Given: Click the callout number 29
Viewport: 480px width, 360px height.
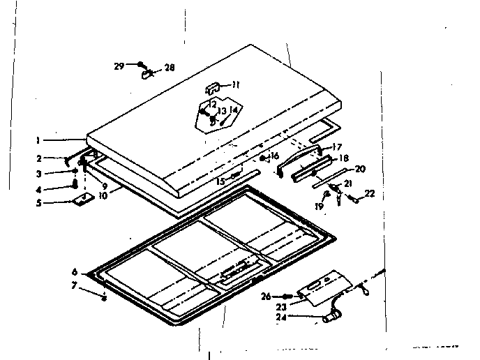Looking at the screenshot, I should coord(119,66).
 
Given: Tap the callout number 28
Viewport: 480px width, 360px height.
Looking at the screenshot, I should coord(170,68).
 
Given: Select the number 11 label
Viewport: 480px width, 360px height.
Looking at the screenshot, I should coord(236,84).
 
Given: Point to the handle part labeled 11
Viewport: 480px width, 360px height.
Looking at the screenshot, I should coord(213,87).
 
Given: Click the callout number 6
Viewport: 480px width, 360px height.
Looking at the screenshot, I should coord(74,272).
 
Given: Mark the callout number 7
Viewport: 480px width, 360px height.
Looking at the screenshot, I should coord(74,285).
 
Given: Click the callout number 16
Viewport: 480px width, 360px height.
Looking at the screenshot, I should coord(275,156).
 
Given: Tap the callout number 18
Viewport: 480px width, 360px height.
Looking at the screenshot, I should coord(343,158).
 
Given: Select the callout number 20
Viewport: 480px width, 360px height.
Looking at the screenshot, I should coord(360,168).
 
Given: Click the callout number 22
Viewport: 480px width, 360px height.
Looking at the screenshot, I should coord(370,193).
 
